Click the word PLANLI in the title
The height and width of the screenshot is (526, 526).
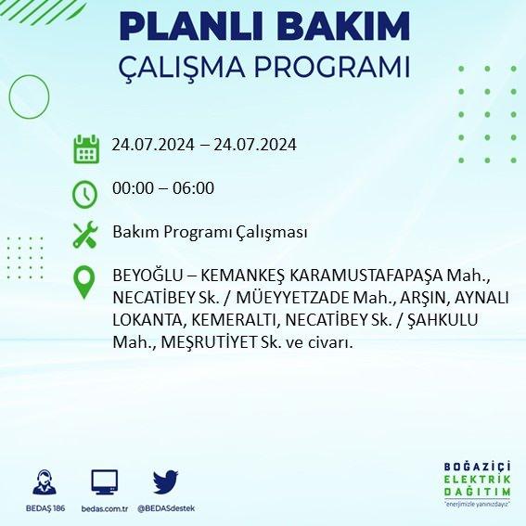190,27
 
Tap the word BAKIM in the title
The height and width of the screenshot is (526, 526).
343,27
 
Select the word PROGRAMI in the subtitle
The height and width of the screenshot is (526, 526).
331,67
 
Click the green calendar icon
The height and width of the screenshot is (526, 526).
86,149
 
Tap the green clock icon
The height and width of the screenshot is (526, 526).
84,194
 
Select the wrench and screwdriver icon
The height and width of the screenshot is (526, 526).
85,235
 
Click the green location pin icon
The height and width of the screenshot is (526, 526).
84,282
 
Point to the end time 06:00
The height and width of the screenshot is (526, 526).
193,187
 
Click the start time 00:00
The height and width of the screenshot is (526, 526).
134,187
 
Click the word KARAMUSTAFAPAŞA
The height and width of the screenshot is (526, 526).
366,276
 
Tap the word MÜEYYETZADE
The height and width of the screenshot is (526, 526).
292,298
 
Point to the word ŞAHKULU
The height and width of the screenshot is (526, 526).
443,320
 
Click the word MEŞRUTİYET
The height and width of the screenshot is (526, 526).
209,342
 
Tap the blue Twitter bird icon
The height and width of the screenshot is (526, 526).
165,482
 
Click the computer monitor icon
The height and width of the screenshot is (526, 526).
105,482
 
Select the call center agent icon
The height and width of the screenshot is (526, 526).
45,482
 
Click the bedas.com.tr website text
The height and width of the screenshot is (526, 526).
105,509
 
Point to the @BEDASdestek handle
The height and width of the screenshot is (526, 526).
166,508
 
